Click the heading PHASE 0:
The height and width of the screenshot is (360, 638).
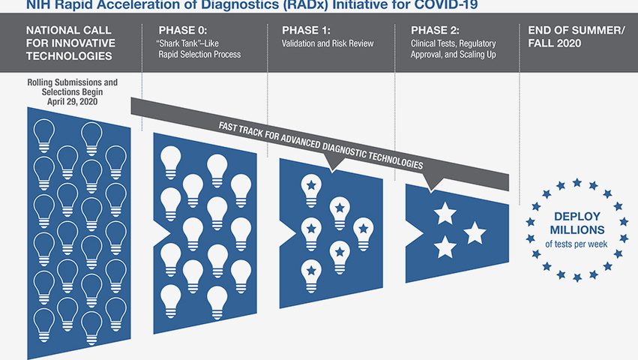[183, 30]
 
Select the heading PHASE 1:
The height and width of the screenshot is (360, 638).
[306, 30]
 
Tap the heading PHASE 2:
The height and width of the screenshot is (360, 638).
[435, 30]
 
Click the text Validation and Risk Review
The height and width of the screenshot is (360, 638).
[328, 43]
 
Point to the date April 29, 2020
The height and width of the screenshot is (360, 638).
[73, 101]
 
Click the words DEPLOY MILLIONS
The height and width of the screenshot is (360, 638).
[577, 223]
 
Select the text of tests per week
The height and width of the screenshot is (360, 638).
[577, 244]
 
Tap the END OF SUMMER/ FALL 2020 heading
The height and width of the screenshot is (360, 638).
[577, 37]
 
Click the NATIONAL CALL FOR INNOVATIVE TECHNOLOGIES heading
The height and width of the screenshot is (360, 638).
[70, 43]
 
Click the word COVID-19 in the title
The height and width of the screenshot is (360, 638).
[448, 5]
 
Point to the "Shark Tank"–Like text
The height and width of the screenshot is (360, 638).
[188, 43]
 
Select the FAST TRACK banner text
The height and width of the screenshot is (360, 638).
[321, 145]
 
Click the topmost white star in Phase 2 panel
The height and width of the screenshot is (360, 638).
[445, 214]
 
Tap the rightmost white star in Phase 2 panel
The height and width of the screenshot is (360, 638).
[475, 233]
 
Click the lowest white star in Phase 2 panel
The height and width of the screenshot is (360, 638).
[445, 247]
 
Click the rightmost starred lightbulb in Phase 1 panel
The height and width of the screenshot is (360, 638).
[364, 234]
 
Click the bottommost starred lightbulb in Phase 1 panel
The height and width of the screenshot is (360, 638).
[311, 276]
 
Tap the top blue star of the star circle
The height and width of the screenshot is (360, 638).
[577, 182]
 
